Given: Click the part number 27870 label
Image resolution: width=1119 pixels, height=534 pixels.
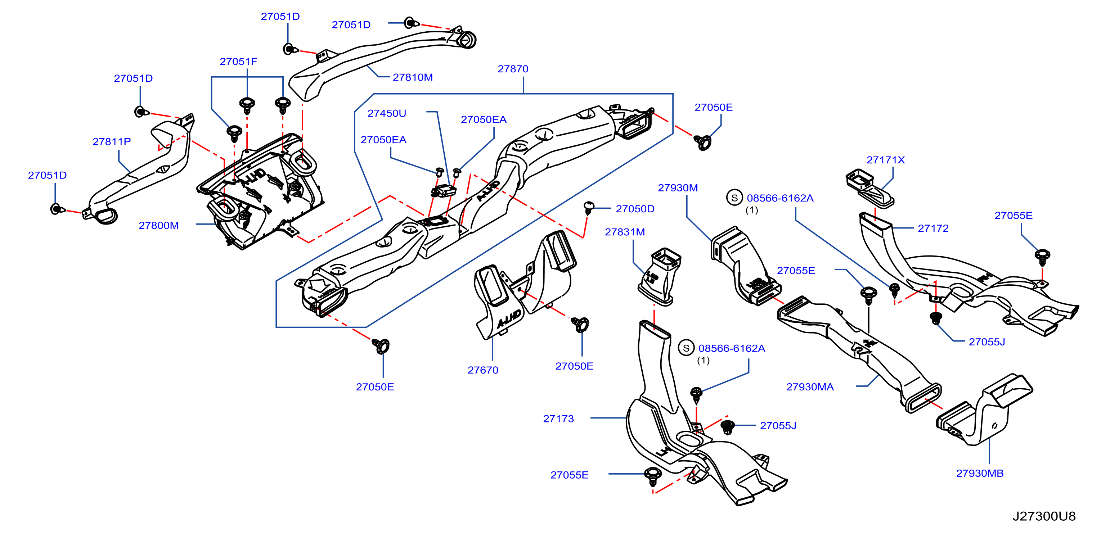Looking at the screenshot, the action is [513, 69].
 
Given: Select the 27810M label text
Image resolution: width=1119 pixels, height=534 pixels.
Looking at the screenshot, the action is [413, 77].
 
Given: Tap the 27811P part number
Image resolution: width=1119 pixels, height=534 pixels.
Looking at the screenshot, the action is [112, 141].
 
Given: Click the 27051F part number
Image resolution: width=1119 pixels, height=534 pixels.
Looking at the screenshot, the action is [238, 62].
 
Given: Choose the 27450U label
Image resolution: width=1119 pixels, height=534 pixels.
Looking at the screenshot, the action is [387, 113].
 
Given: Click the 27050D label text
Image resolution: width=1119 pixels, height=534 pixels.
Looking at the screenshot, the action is [635, 209].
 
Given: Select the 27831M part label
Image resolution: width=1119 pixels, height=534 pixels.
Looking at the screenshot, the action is [625, 232].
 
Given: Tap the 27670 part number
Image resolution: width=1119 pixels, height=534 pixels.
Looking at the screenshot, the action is [482, 370].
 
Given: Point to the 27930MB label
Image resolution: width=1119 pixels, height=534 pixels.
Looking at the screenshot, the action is [980, 473].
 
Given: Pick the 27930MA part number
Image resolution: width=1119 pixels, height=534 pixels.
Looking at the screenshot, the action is [810, 387].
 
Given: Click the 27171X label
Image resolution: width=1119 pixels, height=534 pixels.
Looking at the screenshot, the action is [885, 160].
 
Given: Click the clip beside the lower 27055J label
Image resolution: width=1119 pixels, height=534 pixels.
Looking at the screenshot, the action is [727, 427].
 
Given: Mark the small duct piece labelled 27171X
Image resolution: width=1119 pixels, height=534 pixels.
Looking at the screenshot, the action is [869, 188].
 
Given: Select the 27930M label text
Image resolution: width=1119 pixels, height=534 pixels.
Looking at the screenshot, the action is [678, 187].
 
